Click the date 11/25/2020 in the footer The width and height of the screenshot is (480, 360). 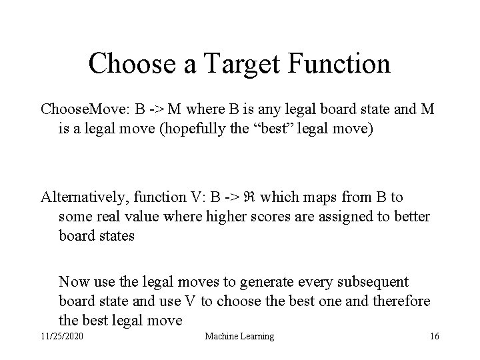point(61,337)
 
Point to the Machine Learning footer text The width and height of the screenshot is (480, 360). point(240,337)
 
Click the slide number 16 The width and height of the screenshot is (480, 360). point(434,337)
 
